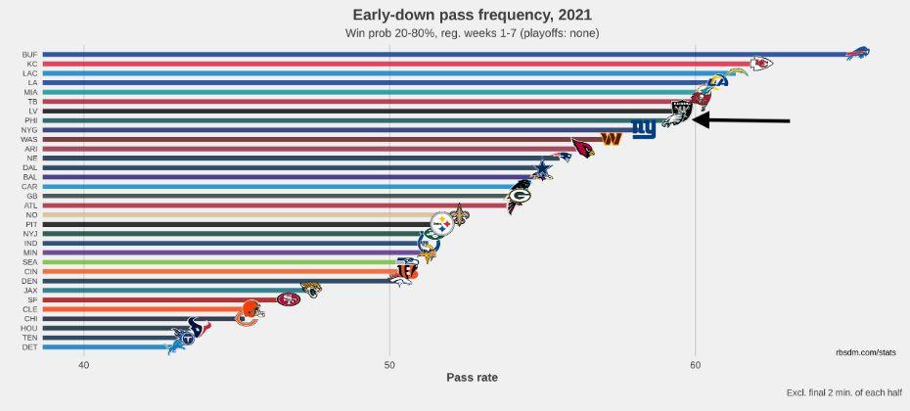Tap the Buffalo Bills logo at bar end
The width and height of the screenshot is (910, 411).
pos(857,54)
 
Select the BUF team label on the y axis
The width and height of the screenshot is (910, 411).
pos(31,55)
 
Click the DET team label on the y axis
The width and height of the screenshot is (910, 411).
pos(31,347)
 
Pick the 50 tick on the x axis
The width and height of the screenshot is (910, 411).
pos(389,365)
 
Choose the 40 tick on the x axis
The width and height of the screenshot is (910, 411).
pos(84,365)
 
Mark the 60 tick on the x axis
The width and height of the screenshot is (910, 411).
pos(695,365)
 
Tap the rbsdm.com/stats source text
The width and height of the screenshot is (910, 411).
pos(865,351)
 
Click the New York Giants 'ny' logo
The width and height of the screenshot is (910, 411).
pos(643,129)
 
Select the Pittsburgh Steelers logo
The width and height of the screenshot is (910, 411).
pos(443,223)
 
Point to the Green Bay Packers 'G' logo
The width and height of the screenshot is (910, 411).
pos(519,195)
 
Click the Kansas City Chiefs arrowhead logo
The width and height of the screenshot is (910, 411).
pos(760,64)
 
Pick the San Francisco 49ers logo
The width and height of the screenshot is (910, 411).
pos(288,299)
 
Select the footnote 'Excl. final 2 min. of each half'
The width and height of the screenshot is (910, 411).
pos(842,393)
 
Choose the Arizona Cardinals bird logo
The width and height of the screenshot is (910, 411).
pos(583,149)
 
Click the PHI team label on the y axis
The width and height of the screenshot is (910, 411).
pos(31,120)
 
